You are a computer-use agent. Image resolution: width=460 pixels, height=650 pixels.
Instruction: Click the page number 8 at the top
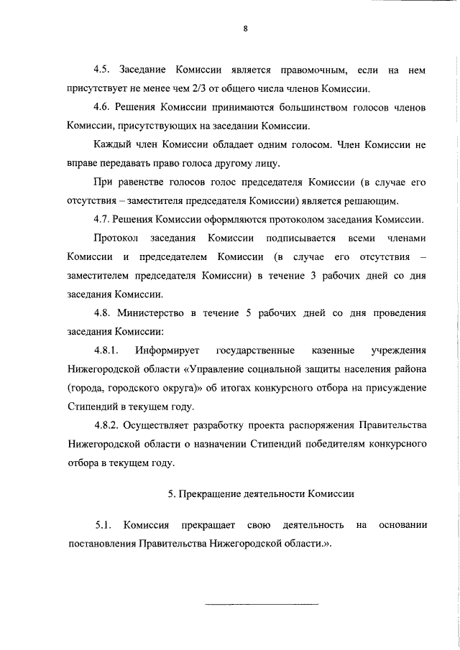(x=245, y=29)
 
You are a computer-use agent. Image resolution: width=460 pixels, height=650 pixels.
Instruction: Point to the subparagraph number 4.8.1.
(x=108, y=350)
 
